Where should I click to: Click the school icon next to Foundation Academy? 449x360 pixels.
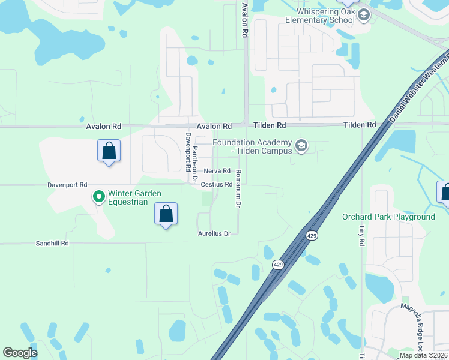pos(301,146)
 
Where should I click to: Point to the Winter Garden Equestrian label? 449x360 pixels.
pos(127,198)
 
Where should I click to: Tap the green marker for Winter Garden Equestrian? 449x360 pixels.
pos(98,196)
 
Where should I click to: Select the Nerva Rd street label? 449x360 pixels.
pos(217,171)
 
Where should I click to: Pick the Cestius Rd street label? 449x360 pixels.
pos(216,185)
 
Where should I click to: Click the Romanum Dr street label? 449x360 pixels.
pos(238,188)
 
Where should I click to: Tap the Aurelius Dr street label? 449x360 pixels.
pos(214,233)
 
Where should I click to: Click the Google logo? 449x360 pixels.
pos(20,353)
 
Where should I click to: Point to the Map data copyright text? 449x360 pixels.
pos(423,355)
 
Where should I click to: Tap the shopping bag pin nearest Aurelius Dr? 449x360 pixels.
pos(166,214)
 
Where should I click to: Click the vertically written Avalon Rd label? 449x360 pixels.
pos(244,20)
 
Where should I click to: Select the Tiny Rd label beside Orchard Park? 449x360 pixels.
pos(362,236)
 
